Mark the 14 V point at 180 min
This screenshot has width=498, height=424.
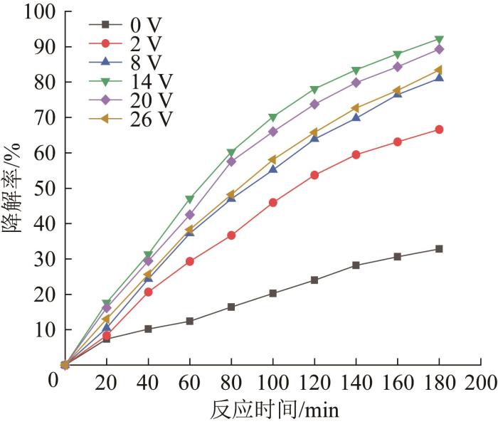[x=439, y=40]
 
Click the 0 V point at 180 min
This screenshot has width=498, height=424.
[x=439, y=249]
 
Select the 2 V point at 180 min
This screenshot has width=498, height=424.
[x=439, y=129]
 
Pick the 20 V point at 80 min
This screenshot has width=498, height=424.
[x=231, y=161]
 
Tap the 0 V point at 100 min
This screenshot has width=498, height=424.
[x=273, y=293]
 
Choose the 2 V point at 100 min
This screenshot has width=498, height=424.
[x=273, y=203]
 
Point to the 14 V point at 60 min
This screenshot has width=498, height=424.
[x=190, y=199]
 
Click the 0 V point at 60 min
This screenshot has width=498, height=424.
[x=190, y=321]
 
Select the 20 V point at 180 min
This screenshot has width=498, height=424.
[x=439, y=49]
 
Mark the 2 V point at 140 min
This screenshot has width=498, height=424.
[x=356, y=154]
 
